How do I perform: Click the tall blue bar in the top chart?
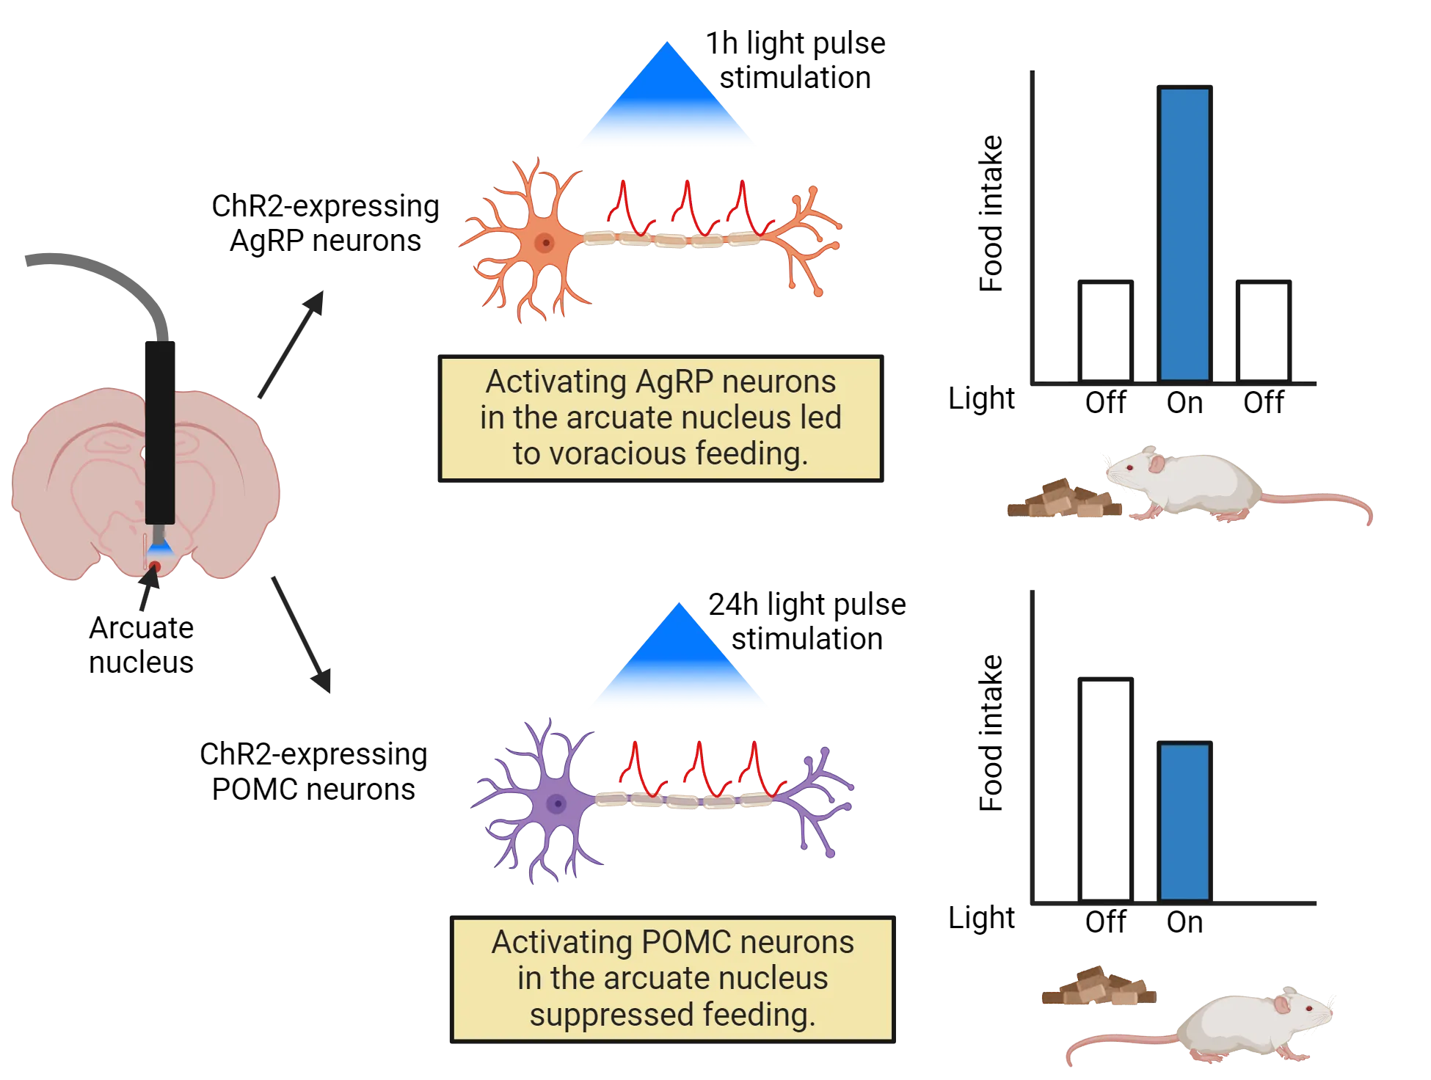1184,235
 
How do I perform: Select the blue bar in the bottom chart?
1184,822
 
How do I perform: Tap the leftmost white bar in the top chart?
1106,332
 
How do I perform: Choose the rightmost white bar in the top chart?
1263,332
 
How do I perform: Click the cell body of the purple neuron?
557,803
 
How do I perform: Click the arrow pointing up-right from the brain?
291,345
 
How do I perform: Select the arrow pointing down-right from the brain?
302,635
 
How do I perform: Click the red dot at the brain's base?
156,566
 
